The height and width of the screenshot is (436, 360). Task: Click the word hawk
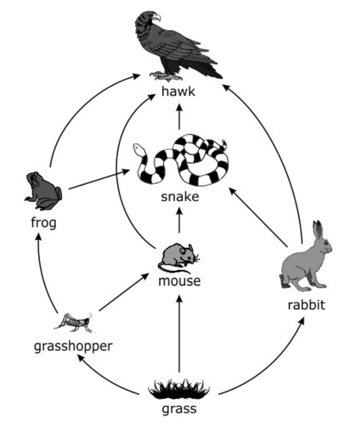pyautogui.click(x=178, y=91)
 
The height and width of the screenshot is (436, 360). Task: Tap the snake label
pyautogui.click(x=180, y=196)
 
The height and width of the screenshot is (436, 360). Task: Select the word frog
pyautogui.click(x=43, y=222)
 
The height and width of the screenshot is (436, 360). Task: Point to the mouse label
pyautogui.click(x=180, y=281)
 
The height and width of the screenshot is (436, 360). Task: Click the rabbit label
pyautogui.click(x=306, y=305)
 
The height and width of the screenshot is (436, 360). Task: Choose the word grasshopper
pyautogui.click(x=73, y=347)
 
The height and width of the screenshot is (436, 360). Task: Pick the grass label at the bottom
pyautogui.click(x=179, y=409)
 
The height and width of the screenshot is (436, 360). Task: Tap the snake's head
pyautogui.click(x=138, y=149)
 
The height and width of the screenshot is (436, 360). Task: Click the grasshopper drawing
pyautogui.click(x=75, y=321)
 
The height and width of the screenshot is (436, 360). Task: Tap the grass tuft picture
pyautogui.click(x=179, y=388)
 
